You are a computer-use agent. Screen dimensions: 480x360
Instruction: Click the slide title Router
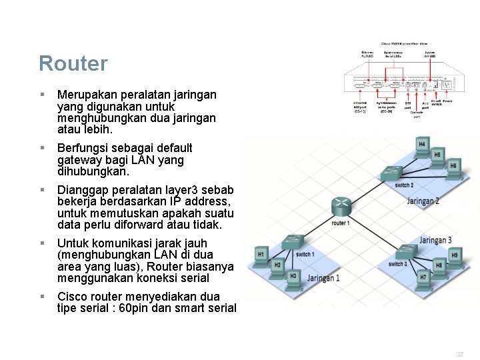73,64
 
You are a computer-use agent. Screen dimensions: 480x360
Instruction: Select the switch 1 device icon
292,242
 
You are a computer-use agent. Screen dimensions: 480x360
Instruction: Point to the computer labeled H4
422,146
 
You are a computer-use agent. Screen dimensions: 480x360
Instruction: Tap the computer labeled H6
453,167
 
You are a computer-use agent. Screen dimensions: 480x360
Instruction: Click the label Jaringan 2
423,201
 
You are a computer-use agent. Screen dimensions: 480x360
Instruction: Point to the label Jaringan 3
435,240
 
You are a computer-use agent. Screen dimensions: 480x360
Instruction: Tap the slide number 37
459,355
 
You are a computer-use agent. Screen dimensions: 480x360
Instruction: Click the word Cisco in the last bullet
73,296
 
